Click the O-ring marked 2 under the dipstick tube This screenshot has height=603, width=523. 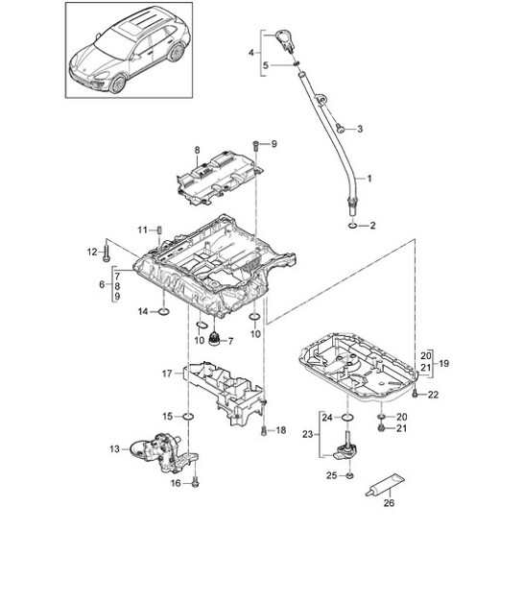(x=355, y=227)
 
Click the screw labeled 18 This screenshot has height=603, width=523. (x=264, y=430)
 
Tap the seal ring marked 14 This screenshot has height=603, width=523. (x=165, y=311)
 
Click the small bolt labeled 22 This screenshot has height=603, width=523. (x=415, y=392)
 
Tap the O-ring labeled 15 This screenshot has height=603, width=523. (x=188, y=416)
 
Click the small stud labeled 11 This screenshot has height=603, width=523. (x=160, y=229)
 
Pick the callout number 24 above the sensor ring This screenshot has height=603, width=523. (x=326, y=417)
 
